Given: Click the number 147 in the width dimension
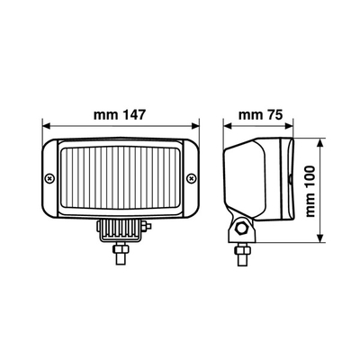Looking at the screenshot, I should pyautogui.click(x=133, y=115).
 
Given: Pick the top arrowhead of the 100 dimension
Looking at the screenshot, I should pyautogui.click(x=321, y=141).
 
